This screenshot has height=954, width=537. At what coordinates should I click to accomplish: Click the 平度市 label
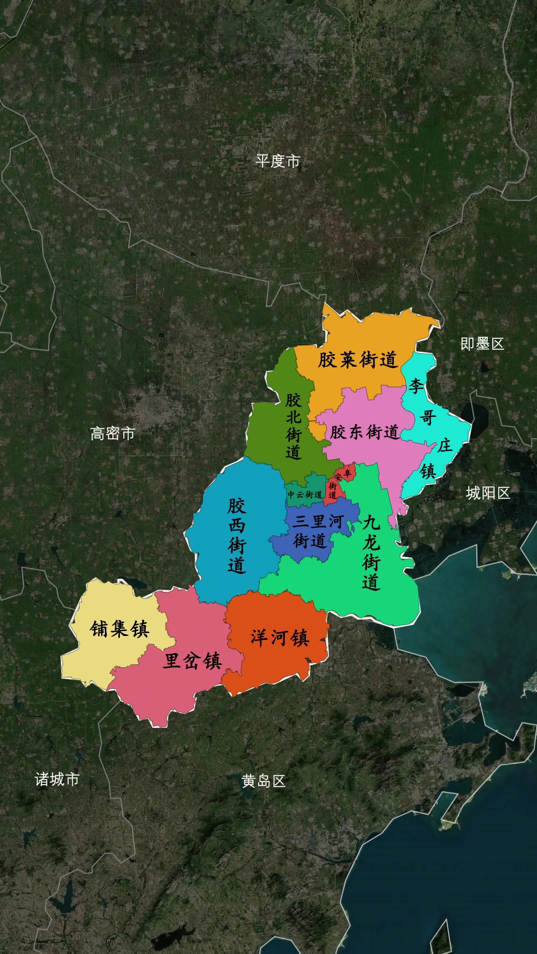(x=277, y=161)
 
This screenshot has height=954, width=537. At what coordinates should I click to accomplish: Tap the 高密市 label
(x=112, y=433)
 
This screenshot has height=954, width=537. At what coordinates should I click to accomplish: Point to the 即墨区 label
(x=482, y=343)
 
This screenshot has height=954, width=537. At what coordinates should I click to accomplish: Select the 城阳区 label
(x=488, y=493)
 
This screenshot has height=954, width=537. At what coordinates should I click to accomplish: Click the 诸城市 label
(x=57, y=779)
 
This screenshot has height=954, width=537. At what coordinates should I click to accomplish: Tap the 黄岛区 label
(x=264, y=781)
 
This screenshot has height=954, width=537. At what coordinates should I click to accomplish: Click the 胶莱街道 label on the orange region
(x=358, y=359)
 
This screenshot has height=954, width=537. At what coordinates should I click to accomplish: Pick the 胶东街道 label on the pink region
(x=364, y=432)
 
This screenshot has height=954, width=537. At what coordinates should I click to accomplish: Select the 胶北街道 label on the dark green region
(x=293, y=426)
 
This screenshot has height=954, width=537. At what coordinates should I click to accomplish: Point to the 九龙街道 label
(x=371, y=552)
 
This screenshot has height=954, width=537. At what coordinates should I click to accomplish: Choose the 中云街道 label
(x=305, y=494)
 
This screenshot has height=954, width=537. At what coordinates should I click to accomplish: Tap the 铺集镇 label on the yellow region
(x=119, y=629)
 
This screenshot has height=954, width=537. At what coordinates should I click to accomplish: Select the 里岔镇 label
(x=192, y=661)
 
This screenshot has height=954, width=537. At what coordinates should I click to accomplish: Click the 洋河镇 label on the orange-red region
(x=279, y=637)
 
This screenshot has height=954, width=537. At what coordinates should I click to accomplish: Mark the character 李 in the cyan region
(x=416, y=385)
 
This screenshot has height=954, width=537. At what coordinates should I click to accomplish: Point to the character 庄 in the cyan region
(x=445, y=445)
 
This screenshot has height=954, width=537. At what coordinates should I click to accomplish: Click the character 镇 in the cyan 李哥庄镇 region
(x=428, y=471)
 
